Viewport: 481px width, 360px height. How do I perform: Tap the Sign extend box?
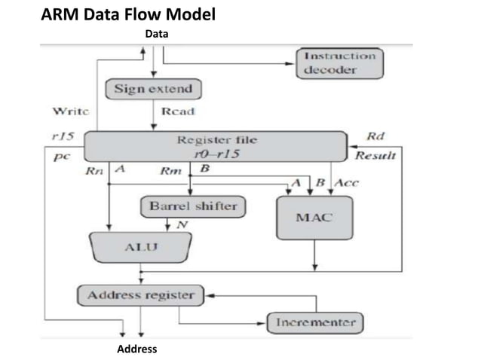(153, 89)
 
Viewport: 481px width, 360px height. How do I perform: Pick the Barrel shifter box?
(192, 205)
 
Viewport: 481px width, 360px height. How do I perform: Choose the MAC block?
(314, 218)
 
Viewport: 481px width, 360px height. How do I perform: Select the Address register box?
(141, 295)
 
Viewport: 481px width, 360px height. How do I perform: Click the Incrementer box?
(315, 322)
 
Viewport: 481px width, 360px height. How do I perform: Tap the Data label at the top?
(157, 34)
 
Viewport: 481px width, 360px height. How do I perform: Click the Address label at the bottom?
(136, 349)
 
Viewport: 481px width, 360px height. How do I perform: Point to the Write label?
(69, 111)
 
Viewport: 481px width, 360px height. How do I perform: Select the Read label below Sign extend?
(179, 111)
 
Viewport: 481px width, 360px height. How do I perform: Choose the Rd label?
(375, 136)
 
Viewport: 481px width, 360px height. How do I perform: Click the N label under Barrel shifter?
(181, 224)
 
